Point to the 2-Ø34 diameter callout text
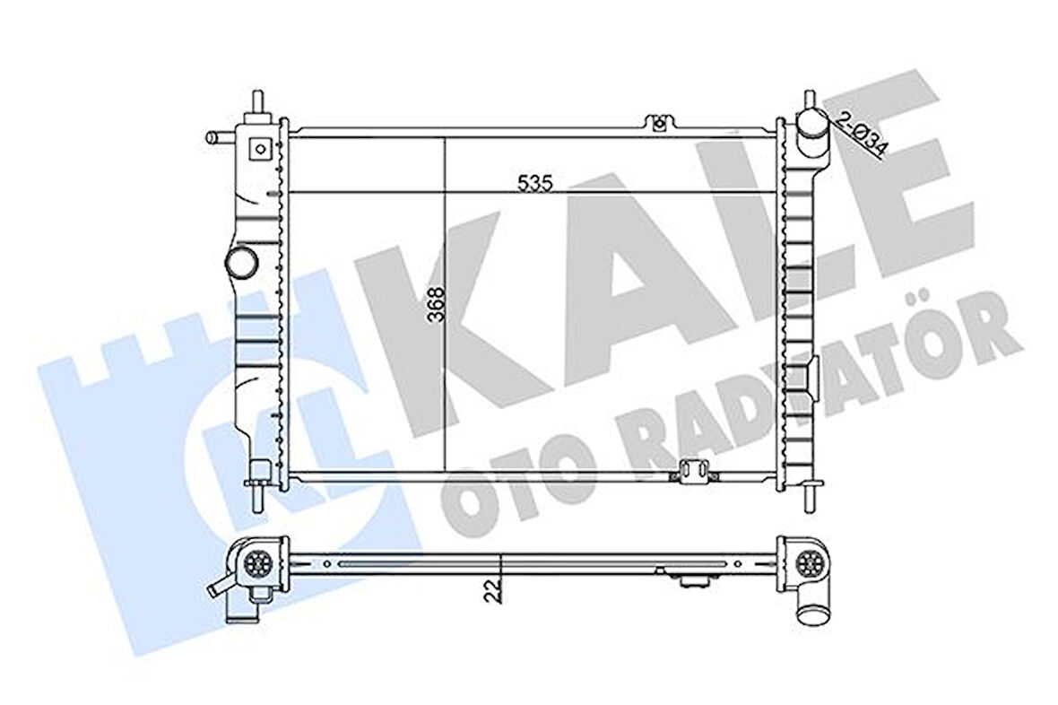862,133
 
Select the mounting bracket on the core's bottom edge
692,471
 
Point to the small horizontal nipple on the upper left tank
217,138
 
